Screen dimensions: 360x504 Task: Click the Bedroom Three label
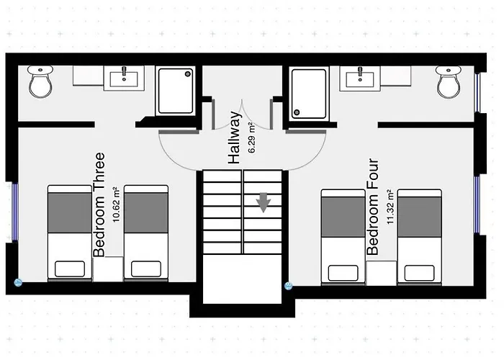pyautogui.click(x=99, y=204)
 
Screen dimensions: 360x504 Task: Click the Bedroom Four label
pyautogui.click(x=373, y=207)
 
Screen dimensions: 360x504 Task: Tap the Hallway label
pyautogui.click(x=234, y=138)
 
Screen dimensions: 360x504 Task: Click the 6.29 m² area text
pyautogui.click(x=251, y=138)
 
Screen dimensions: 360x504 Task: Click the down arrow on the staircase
pyautogui.click(x=264, y=204)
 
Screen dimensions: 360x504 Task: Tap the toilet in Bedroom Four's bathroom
pyautogui.click(x=449, y=83)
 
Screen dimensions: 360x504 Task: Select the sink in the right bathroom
pyautogui.click(x=359, y=77)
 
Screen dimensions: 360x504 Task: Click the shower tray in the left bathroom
pyautogui.click(x=176, y=91)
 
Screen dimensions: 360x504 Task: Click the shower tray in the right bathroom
pyautogui.click(x=309, y=94)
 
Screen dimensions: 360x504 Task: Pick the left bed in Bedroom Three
pyautogui.click(x=70, y=232)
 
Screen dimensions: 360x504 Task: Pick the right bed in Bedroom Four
pyautogui.click(x=420, y=236)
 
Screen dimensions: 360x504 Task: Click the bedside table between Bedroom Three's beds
pyautogui.click(x=108, y=269)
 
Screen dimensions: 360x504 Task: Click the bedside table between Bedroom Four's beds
pyautogui.click(x=382, y=273)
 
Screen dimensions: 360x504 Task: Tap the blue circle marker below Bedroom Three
pyautogui.click(x=18, y=283)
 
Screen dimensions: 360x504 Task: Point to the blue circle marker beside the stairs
pyautogui.click(x=288, y=286)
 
